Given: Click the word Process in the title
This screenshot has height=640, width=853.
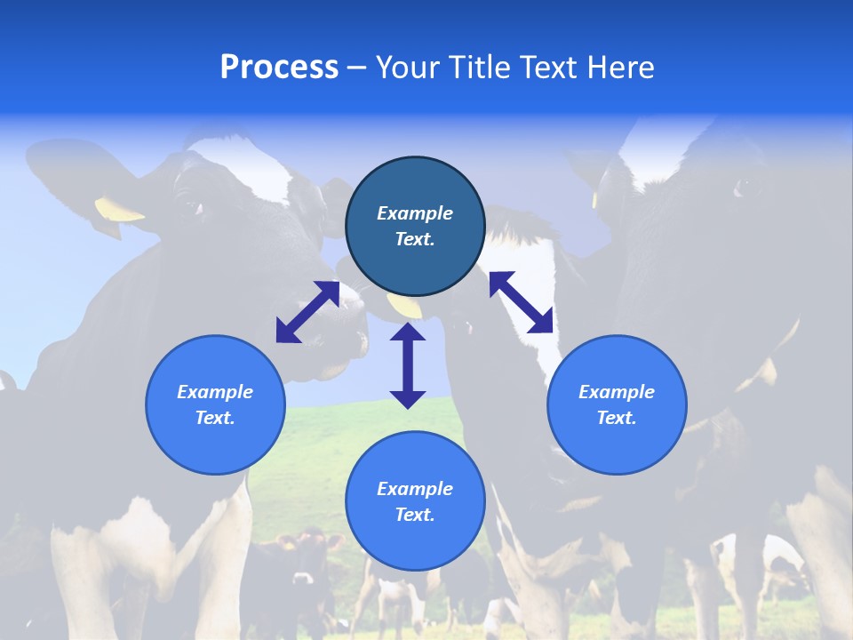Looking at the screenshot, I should pyautogui.click(x=279, y=68).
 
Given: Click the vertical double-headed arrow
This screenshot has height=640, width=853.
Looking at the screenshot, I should pyautogui.click(x=408, y=365).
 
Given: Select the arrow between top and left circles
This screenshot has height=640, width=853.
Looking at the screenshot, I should pyautogui.click(x=307, y=312).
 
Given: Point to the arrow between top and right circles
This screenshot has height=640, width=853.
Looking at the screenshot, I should pyautogui.click(x=521, y=302).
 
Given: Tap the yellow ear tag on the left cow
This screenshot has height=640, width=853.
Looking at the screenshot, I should pyautogui.click(x=117, y=210).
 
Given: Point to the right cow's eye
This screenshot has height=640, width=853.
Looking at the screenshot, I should pyautogui.click(x=743, y=186).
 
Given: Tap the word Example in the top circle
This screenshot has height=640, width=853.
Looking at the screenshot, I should pyautogui.click(x=415, y=213).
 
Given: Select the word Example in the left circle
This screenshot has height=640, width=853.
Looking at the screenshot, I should pyautogui.click(x=215, y=392).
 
